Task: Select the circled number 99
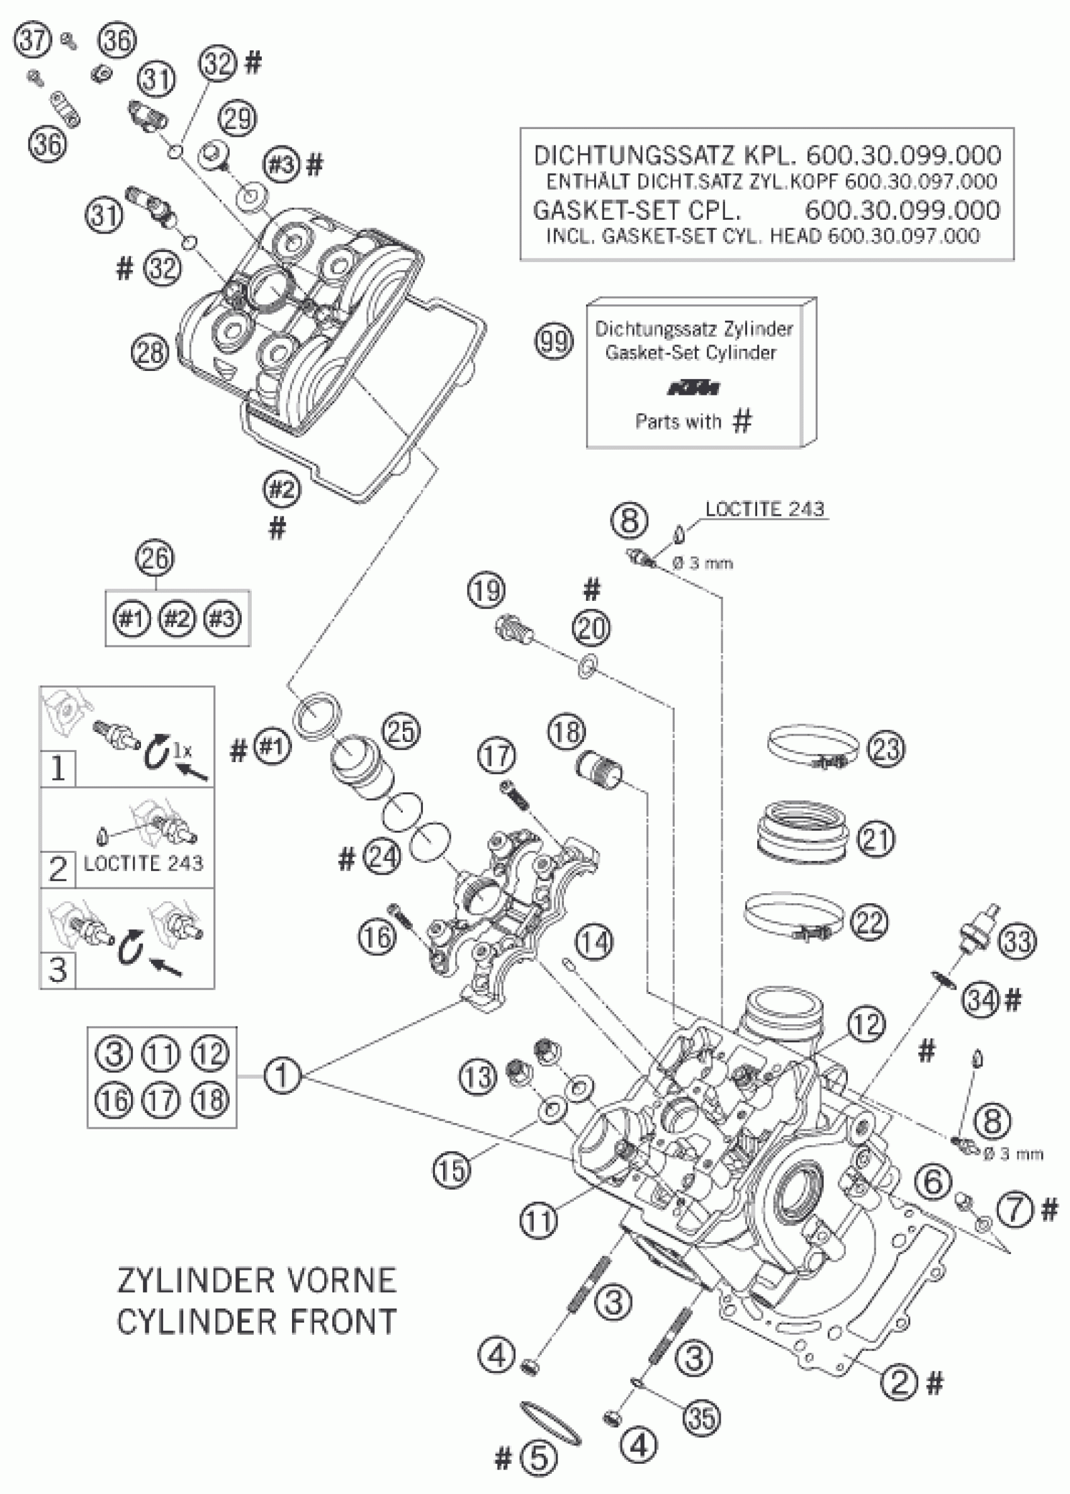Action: tap(554, 342)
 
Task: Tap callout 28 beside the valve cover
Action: tap(150, 353)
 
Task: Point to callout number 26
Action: tap(156, 559)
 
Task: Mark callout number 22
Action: tap(869, 921)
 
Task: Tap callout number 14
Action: tap(594, 943)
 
